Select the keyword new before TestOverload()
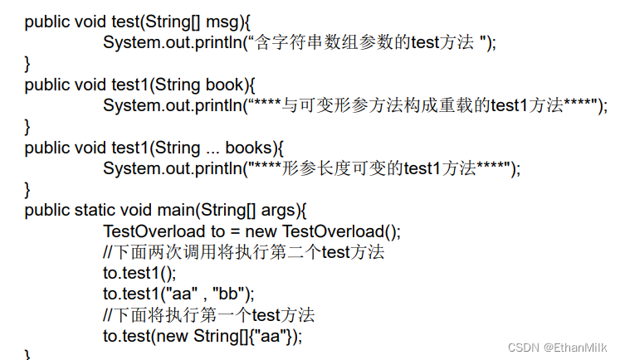click(261, 231)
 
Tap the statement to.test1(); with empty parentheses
click(140, 273)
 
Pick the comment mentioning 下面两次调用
click(243, 252)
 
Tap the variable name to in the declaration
click(217, 231)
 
